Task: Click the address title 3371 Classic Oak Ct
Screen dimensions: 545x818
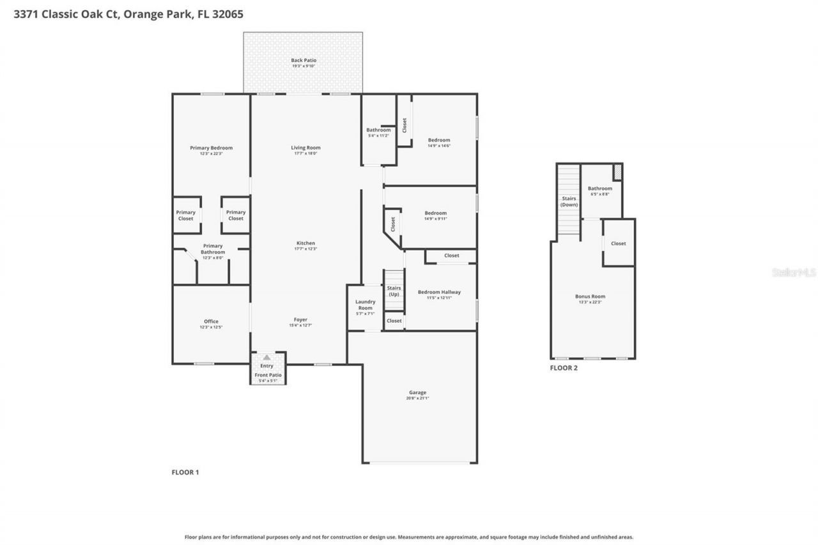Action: click(128, 13)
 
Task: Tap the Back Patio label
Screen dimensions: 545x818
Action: click(304, 61)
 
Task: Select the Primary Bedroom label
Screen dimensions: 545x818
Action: click(211, 148)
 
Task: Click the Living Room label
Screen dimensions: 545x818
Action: click(305, 148)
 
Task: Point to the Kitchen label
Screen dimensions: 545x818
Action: click(305, 243)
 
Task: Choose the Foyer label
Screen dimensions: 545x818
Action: click(300, 320)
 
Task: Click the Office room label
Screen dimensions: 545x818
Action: click(211, 321)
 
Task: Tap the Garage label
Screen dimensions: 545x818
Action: click(418, 393)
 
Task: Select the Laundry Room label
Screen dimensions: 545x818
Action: click(365, 305)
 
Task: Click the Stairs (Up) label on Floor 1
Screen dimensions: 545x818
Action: click(394, 291)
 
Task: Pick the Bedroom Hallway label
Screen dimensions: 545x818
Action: click(439, 293)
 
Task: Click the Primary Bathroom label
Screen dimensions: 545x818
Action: click(213, 249)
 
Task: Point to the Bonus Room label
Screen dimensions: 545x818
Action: click(590, 296)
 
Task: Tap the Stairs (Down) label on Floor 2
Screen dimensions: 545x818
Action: click(569, 201)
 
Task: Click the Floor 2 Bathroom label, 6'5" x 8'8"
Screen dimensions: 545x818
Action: click(599, 189)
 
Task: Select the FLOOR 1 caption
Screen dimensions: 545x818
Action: click(185, 472)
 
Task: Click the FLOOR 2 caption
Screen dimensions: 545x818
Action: click(564, 368)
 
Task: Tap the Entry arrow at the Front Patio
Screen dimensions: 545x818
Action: click(266, 358)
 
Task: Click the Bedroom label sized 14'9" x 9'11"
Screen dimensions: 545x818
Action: click(435, 213)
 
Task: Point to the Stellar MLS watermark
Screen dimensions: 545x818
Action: click(794, 272)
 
